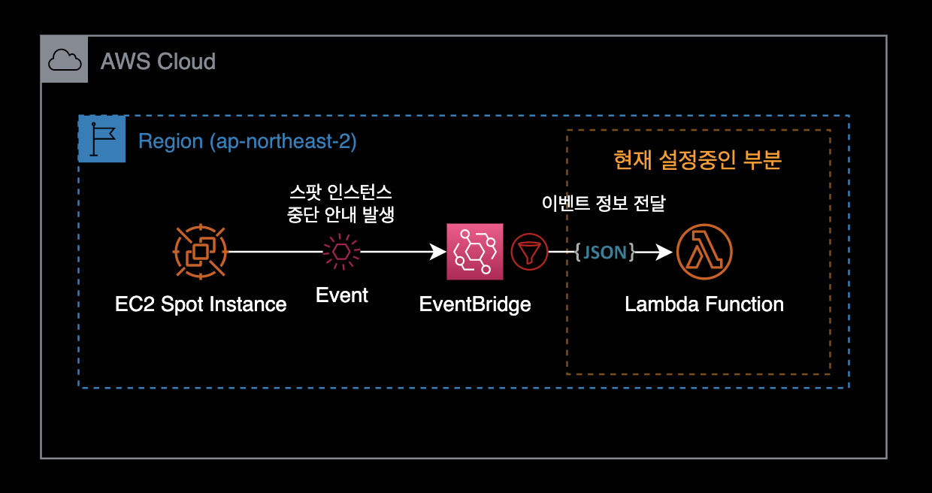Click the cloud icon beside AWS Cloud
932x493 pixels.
pos(65,60)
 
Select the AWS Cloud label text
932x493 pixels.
pos(158,61)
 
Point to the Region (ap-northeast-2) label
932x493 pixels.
pos(247,141)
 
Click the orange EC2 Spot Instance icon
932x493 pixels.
pos(200,251)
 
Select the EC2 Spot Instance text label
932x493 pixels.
pos(201,304)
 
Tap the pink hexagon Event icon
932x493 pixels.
pos(342,251)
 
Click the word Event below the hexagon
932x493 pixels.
pos(342,295)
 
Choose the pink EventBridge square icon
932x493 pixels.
pos(474,251)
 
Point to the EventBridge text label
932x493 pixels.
pos(475,304)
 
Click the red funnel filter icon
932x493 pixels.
pos(530,251)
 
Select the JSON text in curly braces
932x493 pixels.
pos(604,252)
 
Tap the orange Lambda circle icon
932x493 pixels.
pos(704,251)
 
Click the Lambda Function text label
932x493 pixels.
pos(704,304)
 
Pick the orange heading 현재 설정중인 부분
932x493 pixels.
pos(697,160)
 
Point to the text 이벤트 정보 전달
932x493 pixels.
pos(604,204)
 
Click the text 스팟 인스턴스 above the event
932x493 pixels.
pos(341,192)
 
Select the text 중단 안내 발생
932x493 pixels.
pos(341,213)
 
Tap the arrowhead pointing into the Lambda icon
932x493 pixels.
pos(664,252)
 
